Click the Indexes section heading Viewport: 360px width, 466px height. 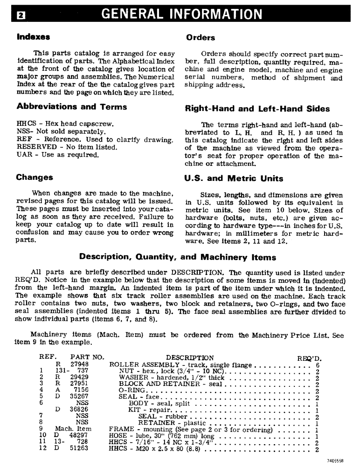coord(33,36)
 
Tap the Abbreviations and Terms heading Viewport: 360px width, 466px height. coord(71,107)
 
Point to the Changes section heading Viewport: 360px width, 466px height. coord(35,177)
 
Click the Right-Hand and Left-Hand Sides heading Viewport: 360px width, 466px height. coord(257,109)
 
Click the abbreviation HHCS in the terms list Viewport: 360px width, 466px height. coord(25,125)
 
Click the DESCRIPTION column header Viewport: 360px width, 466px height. coord(190,358)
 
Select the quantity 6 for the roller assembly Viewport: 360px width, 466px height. coord(317,365)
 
